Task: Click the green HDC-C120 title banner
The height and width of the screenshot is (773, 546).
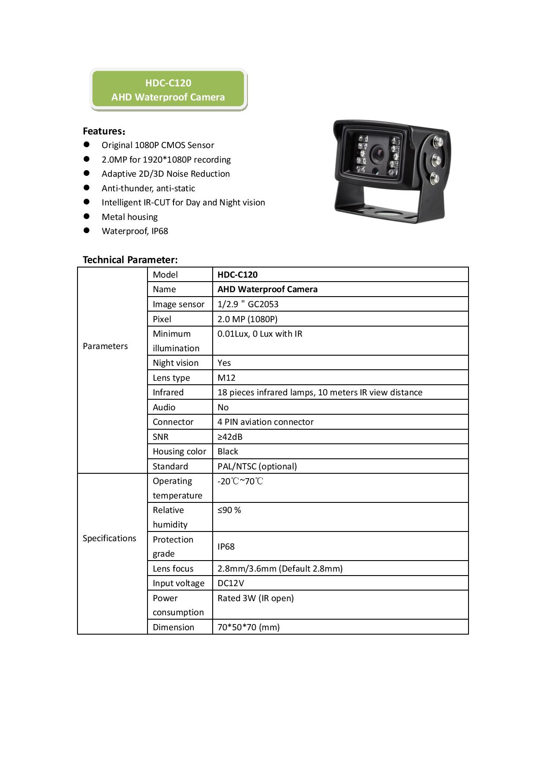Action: click(x=168, y=90)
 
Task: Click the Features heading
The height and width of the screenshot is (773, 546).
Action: click(x=104, y=131)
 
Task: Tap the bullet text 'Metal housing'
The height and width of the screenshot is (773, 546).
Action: click(x=129, y=217)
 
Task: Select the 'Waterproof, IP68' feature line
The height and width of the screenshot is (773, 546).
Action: click(x=135, y=231)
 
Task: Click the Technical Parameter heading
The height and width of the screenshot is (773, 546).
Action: click(x=130, y=260)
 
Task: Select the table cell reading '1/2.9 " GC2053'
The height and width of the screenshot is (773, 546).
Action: click(x=248, y=304)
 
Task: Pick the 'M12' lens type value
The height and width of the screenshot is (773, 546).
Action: click(x=226, y=378)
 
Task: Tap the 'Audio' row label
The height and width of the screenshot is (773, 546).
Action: click(x=164, y=407)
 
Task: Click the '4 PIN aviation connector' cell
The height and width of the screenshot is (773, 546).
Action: click(x=266, y=422)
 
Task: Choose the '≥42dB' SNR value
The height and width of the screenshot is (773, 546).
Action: click(x=230, y=437)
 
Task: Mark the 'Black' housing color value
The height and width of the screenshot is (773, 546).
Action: click(x=228, y=451)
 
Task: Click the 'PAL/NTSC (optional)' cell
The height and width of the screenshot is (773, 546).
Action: click(x=257, y=466)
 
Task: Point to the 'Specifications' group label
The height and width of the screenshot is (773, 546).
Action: click(x=109, y=538)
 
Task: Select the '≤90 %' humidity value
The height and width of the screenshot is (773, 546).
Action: click(x=229, y=510)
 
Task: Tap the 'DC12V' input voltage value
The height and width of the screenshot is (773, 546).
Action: click(x=231, y=583)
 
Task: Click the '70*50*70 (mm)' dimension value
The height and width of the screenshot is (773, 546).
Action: click(x=249, y=627)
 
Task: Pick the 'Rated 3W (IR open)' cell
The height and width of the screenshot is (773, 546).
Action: click(x=255, y=598)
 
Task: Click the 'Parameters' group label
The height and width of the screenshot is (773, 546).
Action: click(x=105, y=346)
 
